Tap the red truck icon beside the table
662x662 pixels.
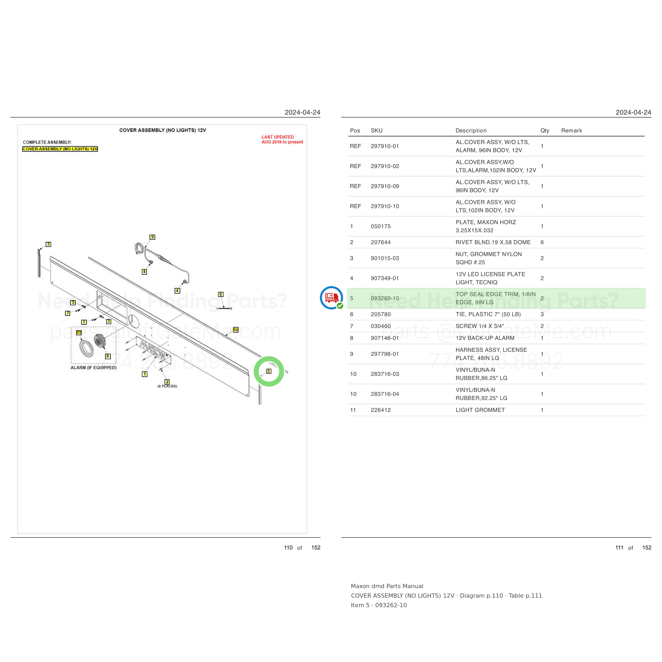coord(331,297)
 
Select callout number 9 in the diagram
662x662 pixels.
coord(153,237)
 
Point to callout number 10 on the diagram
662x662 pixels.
coord(236,330)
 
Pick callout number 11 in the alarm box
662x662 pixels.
coord(79,333)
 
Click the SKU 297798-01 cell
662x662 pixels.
coord(385,354)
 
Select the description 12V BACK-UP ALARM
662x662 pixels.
coord(485,338)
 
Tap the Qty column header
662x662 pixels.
coord(545,131)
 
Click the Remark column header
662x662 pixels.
coord(571,131)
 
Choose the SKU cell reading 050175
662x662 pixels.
coord(381,226)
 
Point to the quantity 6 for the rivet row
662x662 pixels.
coord(542,242)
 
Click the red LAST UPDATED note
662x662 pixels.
coord(282,140)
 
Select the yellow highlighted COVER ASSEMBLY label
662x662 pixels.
coord(60,149)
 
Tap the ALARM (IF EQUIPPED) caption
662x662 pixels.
coord(93,368)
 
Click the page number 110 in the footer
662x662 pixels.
coord(288,548)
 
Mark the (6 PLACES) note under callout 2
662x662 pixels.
coord(167,386)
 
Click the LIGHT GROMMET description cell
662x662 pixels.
coord(480,410)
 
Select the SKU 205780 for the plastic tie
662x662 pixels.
coord(381,314)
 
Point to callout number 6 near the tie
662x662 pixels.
coord(221,294)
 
